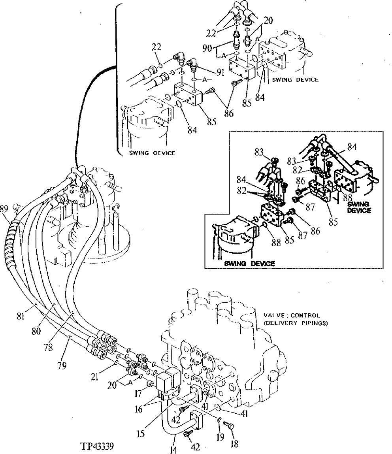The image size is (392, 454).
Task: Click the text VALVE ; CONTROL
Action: [x=292, y=316]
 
